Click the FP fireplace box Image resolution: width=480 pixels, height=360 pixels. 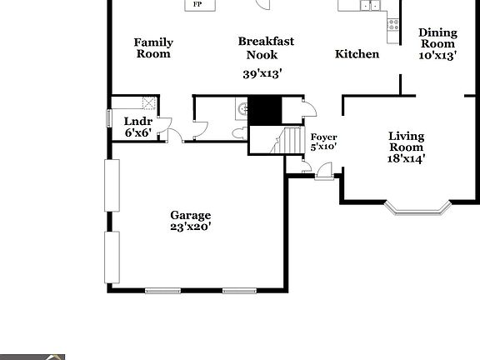pyautogui.click(x=198, y=4)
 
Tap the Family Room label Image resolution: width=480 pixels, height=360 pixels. pyautogui.click(x=152, y=47)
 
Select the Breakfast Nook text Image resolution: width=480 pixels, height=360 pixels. pyautogui.click(x=266, y=47)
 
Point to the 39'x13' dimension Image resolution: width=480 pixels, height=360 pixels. pyautogui.click(x=262, y=73)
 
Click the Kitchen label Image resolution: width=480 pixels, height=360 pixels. pyautogui.click(x=357, y=54)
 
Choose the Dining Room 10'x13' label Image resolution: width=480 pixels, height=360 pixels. pyautogui.click(x=437, y=44)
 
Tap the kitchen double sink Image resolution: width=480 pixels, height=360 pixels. pyautogui.click(x=370, y=5)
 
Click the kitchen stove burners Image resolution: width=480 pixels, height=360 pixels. pyautogui.click(x=391, y=24)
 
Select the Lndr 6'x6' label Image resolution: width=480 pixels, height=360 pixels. pyautogui.click(x=137, y=127)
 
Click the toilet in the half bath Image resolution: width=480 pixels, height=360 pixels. pyautogui.click(x=239, y=133)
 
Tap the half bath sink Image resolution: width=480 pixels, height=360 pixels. pyautogui.click(x=241, y=108)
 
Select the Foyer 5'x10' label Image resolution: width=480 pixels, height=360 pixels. pyautogui.click(x=322, y=142)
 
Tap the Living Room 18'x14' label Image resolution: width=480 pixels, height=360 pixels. pyautogui.click(x=407, y=147)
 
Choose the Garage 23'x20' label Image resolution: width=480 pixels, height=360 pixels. pyautogui.click(x=191, y=220)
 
